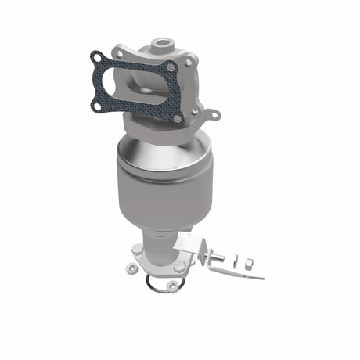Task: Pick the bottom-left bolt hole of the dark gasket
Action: pos(96,106)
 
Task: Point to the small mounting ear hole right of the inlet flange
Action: pos(210,116)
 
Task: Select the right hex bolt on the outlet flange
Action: pos(180,265)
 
